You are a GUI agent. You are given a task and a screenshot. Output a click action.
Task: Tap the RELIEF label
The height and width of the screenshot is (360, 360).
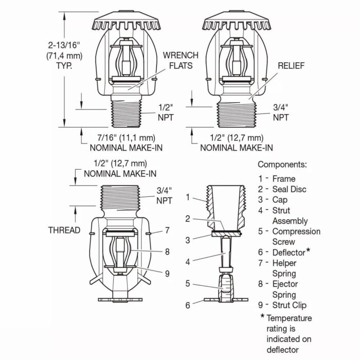pos(292,66)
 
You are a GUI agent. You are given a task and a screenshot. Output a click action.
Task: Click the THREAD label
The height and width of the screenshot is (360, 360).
pos(64,230)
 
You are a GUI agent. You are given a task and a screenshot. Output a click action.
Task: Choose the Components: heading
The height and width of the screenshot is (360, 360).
pos(282,165)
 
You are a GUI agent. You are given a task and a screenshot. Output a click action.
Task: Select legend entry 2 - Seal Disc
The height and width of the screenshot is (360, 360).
pos(282,189)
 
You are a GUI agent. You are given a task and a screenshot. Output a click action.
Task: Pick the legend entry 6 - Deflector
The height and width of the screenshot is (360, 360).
pos(284,252)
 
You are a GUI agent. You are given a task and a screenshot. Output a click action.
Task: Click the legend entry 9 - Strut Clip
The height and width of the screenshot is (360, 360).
pos(282,305)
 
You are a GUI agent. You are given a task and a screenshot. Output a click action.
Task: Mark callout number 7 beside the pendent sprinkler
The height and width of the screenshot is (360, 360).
pos(167,230)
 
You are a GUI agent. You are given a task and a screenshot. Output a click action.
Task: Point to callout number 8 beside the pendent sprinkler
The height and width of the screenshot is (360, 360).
pos(167,252)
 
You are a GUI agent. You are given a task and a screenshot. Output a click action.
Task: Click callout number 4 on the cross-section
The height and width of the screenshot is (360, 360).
pos(188,262)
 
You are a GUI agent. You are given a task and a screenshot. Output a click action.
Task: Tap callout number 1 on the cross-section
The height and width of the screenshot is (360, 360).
pos(188,197)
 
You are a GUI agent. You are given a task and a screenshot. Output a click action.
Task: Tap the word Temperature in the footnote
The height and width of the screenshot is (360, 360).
pos(289,318)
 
